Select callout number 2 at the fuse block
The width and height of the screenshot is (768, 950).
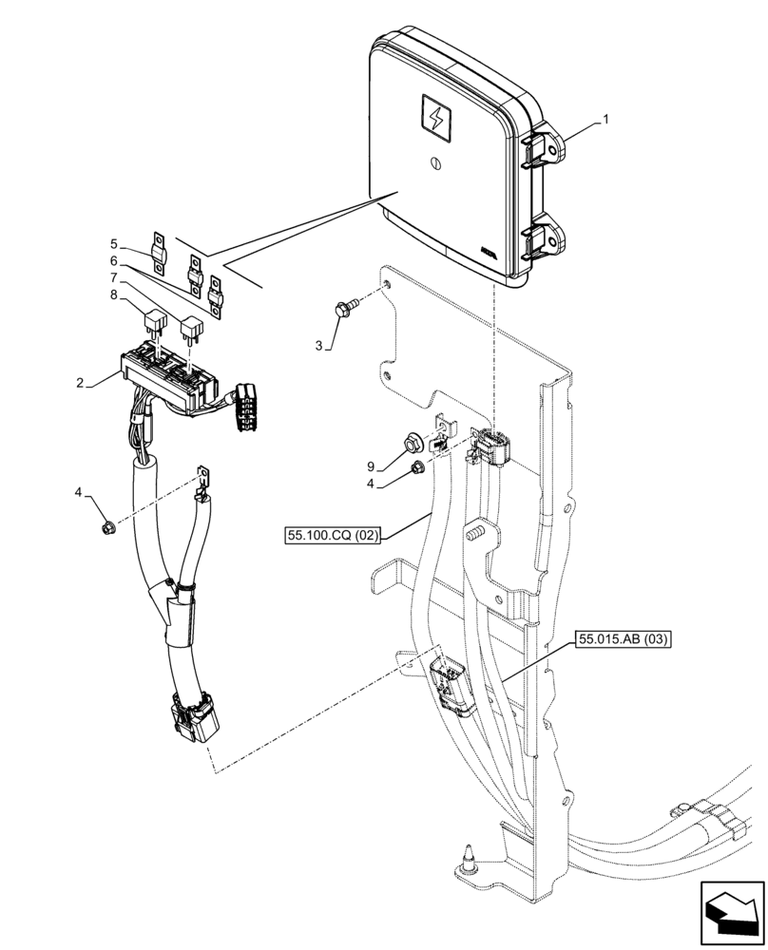[x=81, y=383]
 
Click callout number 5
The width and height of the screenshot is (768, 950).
[x=115, y=243]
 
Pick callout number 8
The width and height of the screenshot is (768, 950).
[x=115, y=295]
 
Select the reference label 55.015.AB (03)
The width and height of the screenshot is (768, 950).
[x=623, y=640]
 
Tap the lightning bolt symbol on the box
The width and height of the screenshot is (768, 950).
[x=436, y=121]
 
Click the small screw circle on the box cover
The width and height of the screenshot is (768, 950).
[x=436, y=162]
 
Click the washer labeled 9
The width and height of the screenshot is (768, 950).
[x=412, y=442]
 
